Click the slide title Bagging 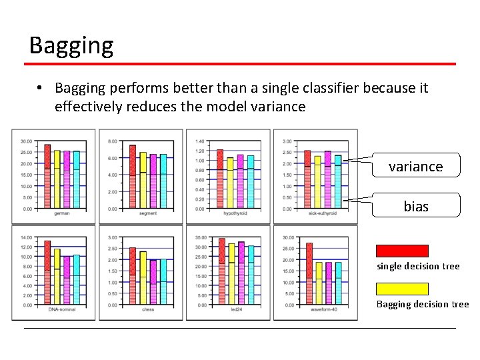point(71,45)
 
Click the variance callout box point(415,166)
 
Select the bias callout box point(415,206)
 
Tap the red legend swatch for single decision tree point(402,251)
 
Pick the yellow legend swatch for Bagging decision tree point(402,289)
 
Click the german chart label point(61,213)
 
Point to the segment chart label point(148,213)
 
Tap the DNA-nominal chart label point(61,309)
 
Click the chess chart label point(148,309)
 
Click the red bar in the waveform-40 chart point(309,273)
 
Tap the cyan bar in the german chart point(76,180)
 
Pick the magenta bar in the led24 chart point(241,273)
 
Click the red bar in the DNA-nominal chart point(47,273)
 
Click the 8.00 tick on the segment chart point(113,141)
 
